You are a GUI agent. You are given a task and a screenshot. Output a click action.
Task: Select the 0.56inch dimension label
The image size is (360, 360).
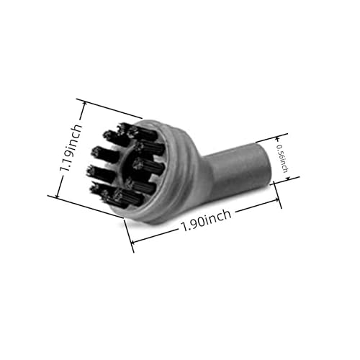tap(283, 158)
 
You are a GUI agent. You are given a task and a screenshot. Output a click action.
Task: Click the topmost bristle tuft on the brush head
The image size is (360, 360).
tap(129, 129)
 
